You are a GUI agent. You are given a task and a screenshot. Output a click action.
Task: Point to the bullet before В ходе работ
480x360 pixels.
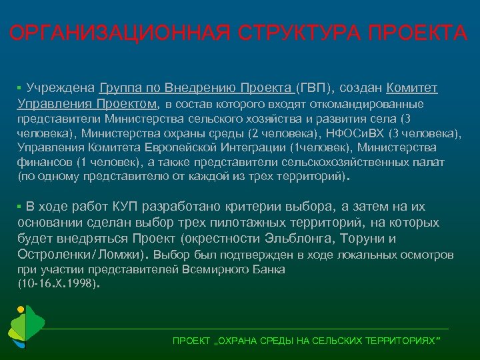tap(20, 207)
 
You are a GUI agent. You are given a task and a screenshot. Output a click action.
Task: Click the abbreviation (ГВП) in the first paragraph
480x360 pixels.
tap(311, 88)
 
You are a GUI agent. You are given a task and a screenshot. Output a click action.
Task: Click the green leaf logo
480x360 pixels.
tap(25, 328)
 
